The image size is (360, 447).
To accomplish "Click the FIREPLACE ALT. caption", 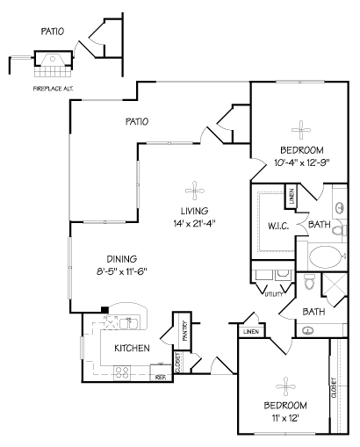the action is [x=53, y=89].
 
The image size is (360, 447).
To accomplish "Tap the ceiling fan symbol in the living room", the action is [x=195, y=191].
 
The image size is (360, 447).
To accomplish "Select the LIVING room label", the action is [x=195, y=211].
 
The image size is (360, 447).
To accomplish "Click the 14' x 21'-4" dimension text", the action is [x=195, y=224].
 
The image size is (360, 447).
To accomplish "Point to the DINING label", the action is [x=122, y=259].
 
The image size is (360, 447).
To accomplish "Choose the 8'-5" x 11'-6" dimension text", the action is [x=121, y=272].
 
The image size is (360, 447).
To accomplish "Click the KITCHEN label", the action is [x=132, y=348].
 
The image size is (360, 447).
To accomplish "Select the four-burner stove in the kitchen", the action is [x=122, y=373].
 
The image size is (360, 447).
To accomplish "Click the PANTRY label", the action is [x=185, y=331].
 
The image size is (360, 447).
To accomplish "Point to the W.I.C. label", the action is [x=278, y=226].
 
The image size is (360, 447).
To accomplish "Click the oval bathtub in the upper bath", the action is [x=327, y=257].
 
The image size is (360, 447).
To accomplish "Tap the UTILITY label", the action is [x=274, y=294].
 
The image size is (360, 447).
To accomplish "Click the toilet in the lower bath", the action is [x=309, y=281].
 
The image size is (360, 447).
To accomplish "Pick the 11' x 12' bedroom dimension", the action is [x=285, y=418].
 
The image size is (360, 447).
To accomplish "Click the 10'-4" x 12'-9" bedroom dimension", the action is [x=302, y=162].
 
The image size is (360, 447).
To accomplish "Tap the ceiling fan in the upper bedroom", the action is [x=301, y=130].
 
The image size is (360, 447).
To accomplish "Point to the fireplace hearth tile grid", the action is [x=53, y=71].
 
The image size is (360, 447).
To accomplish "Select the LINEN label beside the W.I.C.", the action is [x=292, y=196].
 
